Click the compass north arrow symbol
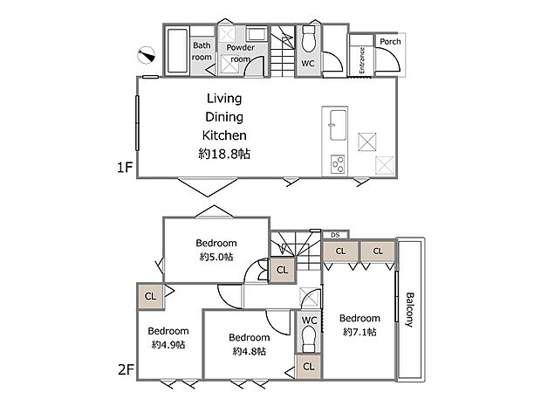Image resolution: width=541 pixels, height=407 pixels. [144, 57]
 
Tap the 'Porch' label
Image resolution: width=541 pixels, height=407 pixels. [389, 41]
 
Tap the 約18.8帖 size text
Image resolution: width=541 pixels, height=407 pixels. [224, 154]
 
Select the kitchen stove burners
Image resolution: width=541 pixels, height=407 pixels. [338, 162]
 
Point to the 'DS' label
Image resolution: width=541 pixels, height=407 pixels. [336, 234]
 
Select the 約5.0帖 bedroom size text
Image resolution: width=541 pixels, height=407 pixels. [216, 257]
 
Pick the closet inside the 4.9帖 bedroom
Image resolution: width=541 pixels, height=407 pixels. [149, 296]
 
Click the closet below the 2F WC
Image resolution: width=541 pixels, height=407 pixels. [309, 366]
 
